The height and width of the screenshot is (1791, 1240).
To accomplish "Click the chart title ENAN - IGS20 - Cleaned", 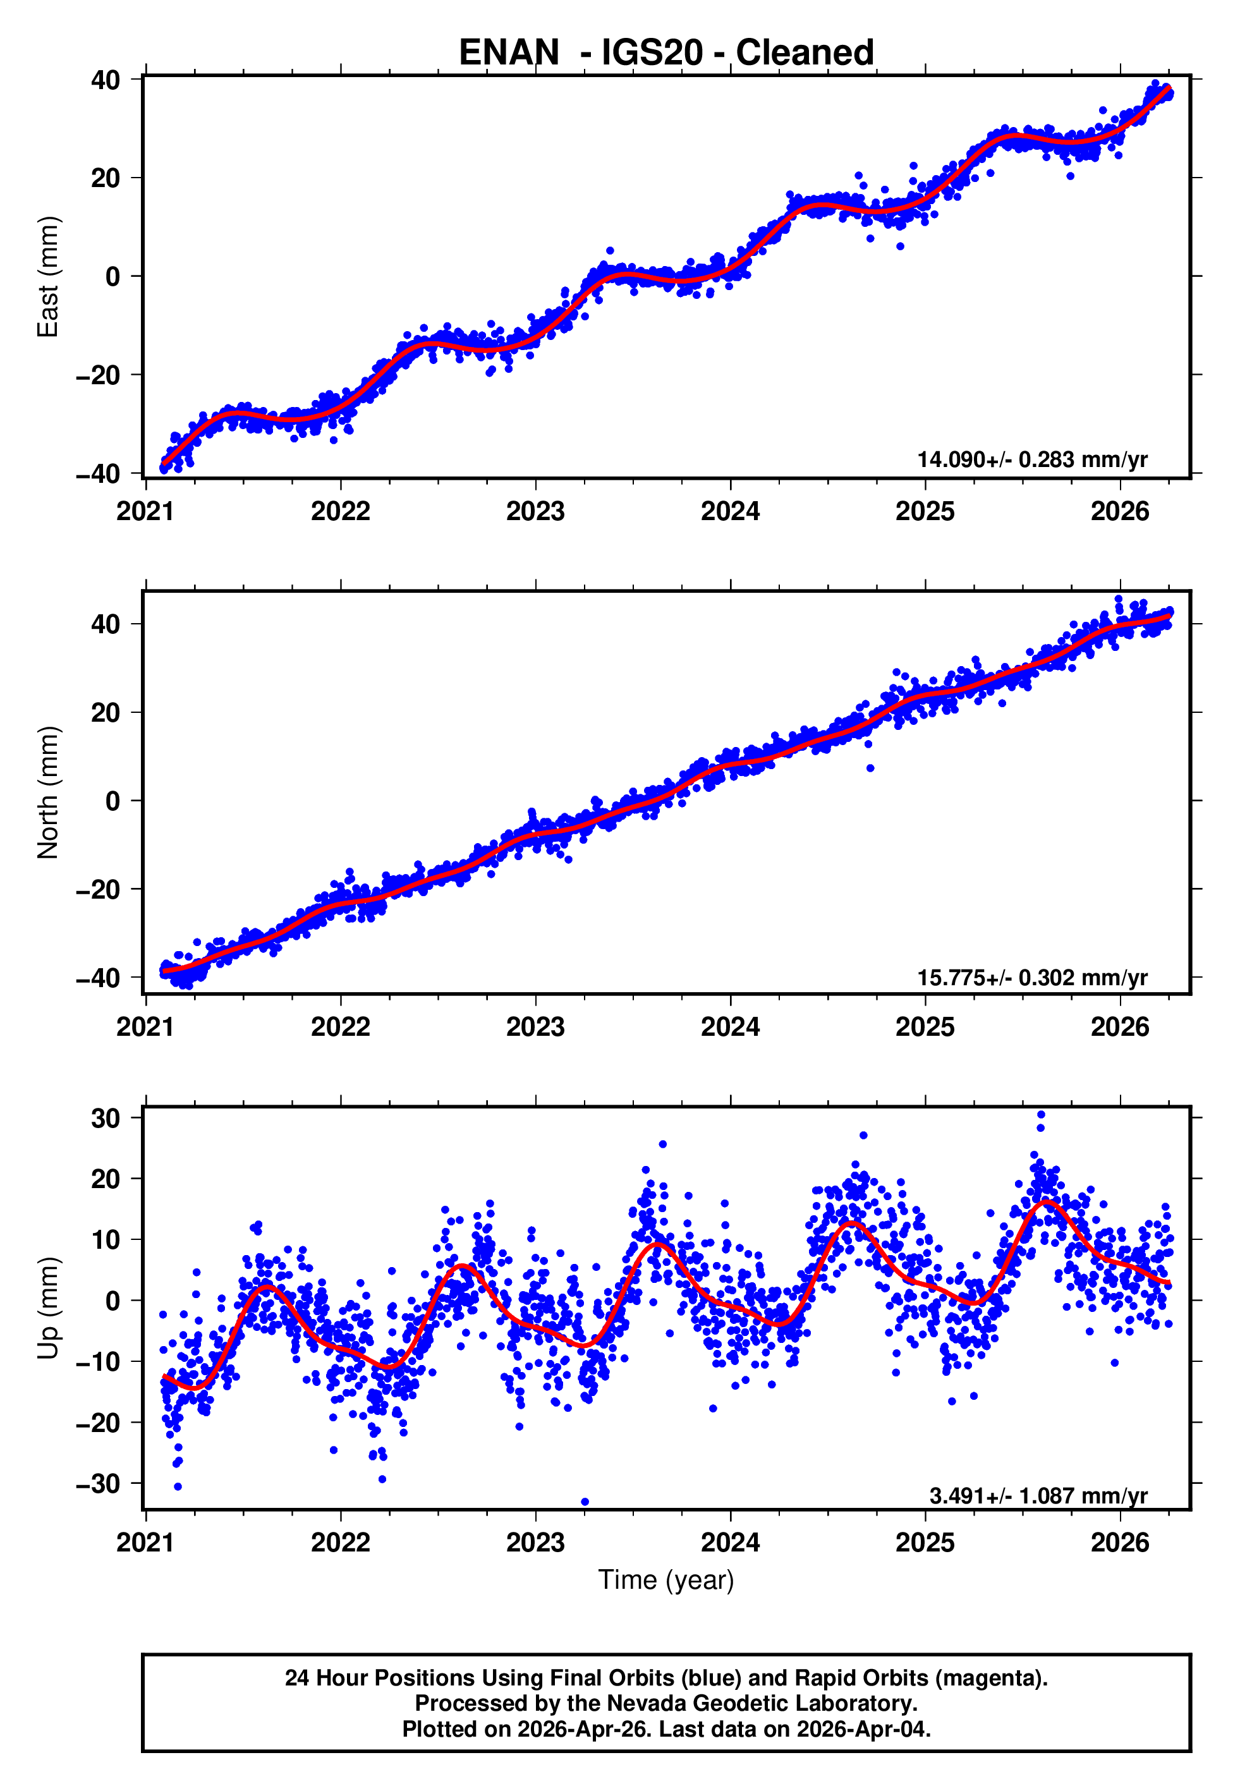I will click(x=666, y=53).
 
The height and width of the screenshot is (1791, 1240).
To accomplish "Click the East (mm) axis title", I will click(x=48, y=277).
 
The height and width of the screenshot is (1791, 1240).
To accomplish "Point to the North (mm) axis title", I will click(x=48, y=792).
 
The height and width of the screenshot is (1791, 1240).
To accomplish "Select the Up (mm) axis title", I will click(x=48, y=1308).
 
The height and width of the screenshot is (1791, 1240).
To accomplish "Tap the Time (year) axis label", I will click(x=666, y=1580).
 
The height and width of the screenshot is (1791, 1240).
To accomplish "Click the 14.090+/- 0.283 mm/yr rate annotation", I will click(x=1032, y=460).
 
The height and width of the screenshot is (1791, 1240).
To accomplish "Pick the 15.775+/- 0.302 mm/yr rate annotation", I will click(x=1032, y=978).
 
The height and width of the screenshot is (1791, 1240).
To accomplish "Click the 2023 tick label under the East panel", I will click(x=535, y=512).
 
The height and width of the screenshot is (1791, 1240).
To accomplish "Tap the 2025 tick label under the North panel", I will click(x=925, y=1028).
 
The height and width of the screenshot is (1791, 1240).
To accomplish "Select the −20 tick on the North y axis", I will click(x=98, y=890).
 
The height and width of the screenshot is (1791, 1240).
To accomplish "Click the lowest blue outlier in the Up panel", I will click(x=585, y=1502).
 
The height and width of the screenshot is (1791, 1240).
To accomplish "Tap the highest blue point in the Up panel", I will click(x=1041, y=1115).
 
